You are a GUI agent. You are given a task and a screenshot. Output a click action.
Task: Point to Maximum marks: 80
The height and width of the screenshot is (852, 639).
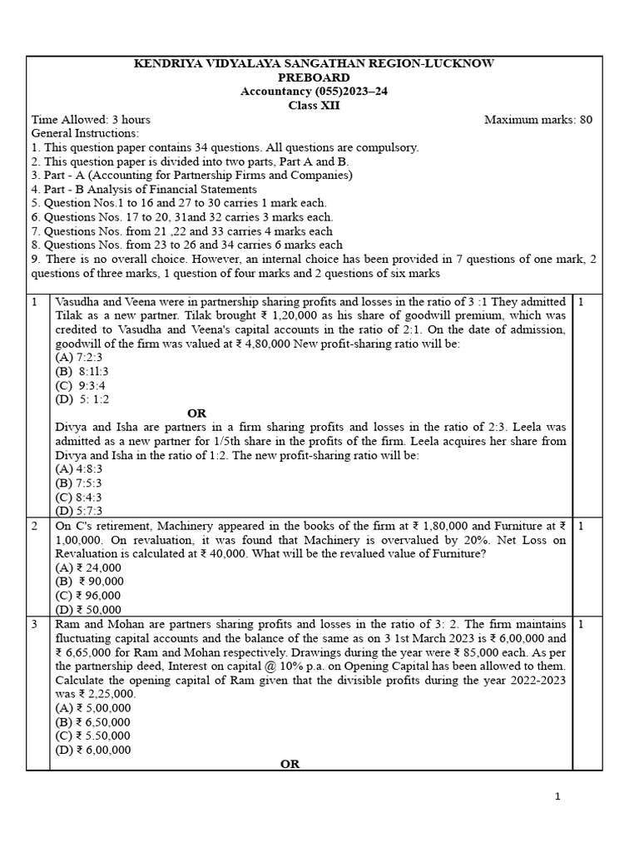click(x=538, y=120)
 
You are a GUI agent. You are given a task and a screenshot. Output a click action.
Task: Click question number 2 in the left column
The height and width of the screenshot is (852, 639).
click(x=35, y=526)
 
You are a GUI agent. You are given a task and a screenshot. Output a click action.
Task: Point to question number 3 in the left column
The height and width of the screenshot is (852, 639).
click(x=35, y=624)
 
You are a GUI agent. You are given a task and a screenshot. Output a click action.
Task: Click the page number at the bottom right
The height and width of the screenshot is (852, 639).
click(x=558, y=797)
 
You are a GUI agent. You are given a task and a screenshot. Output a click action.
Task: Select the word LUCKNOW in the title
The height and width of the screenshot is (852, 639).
click(x=469, y=63)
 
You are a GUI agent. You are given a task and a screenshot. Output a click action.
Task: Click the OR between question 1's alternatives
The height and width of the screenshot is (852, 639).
click(x=197, y=413)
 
